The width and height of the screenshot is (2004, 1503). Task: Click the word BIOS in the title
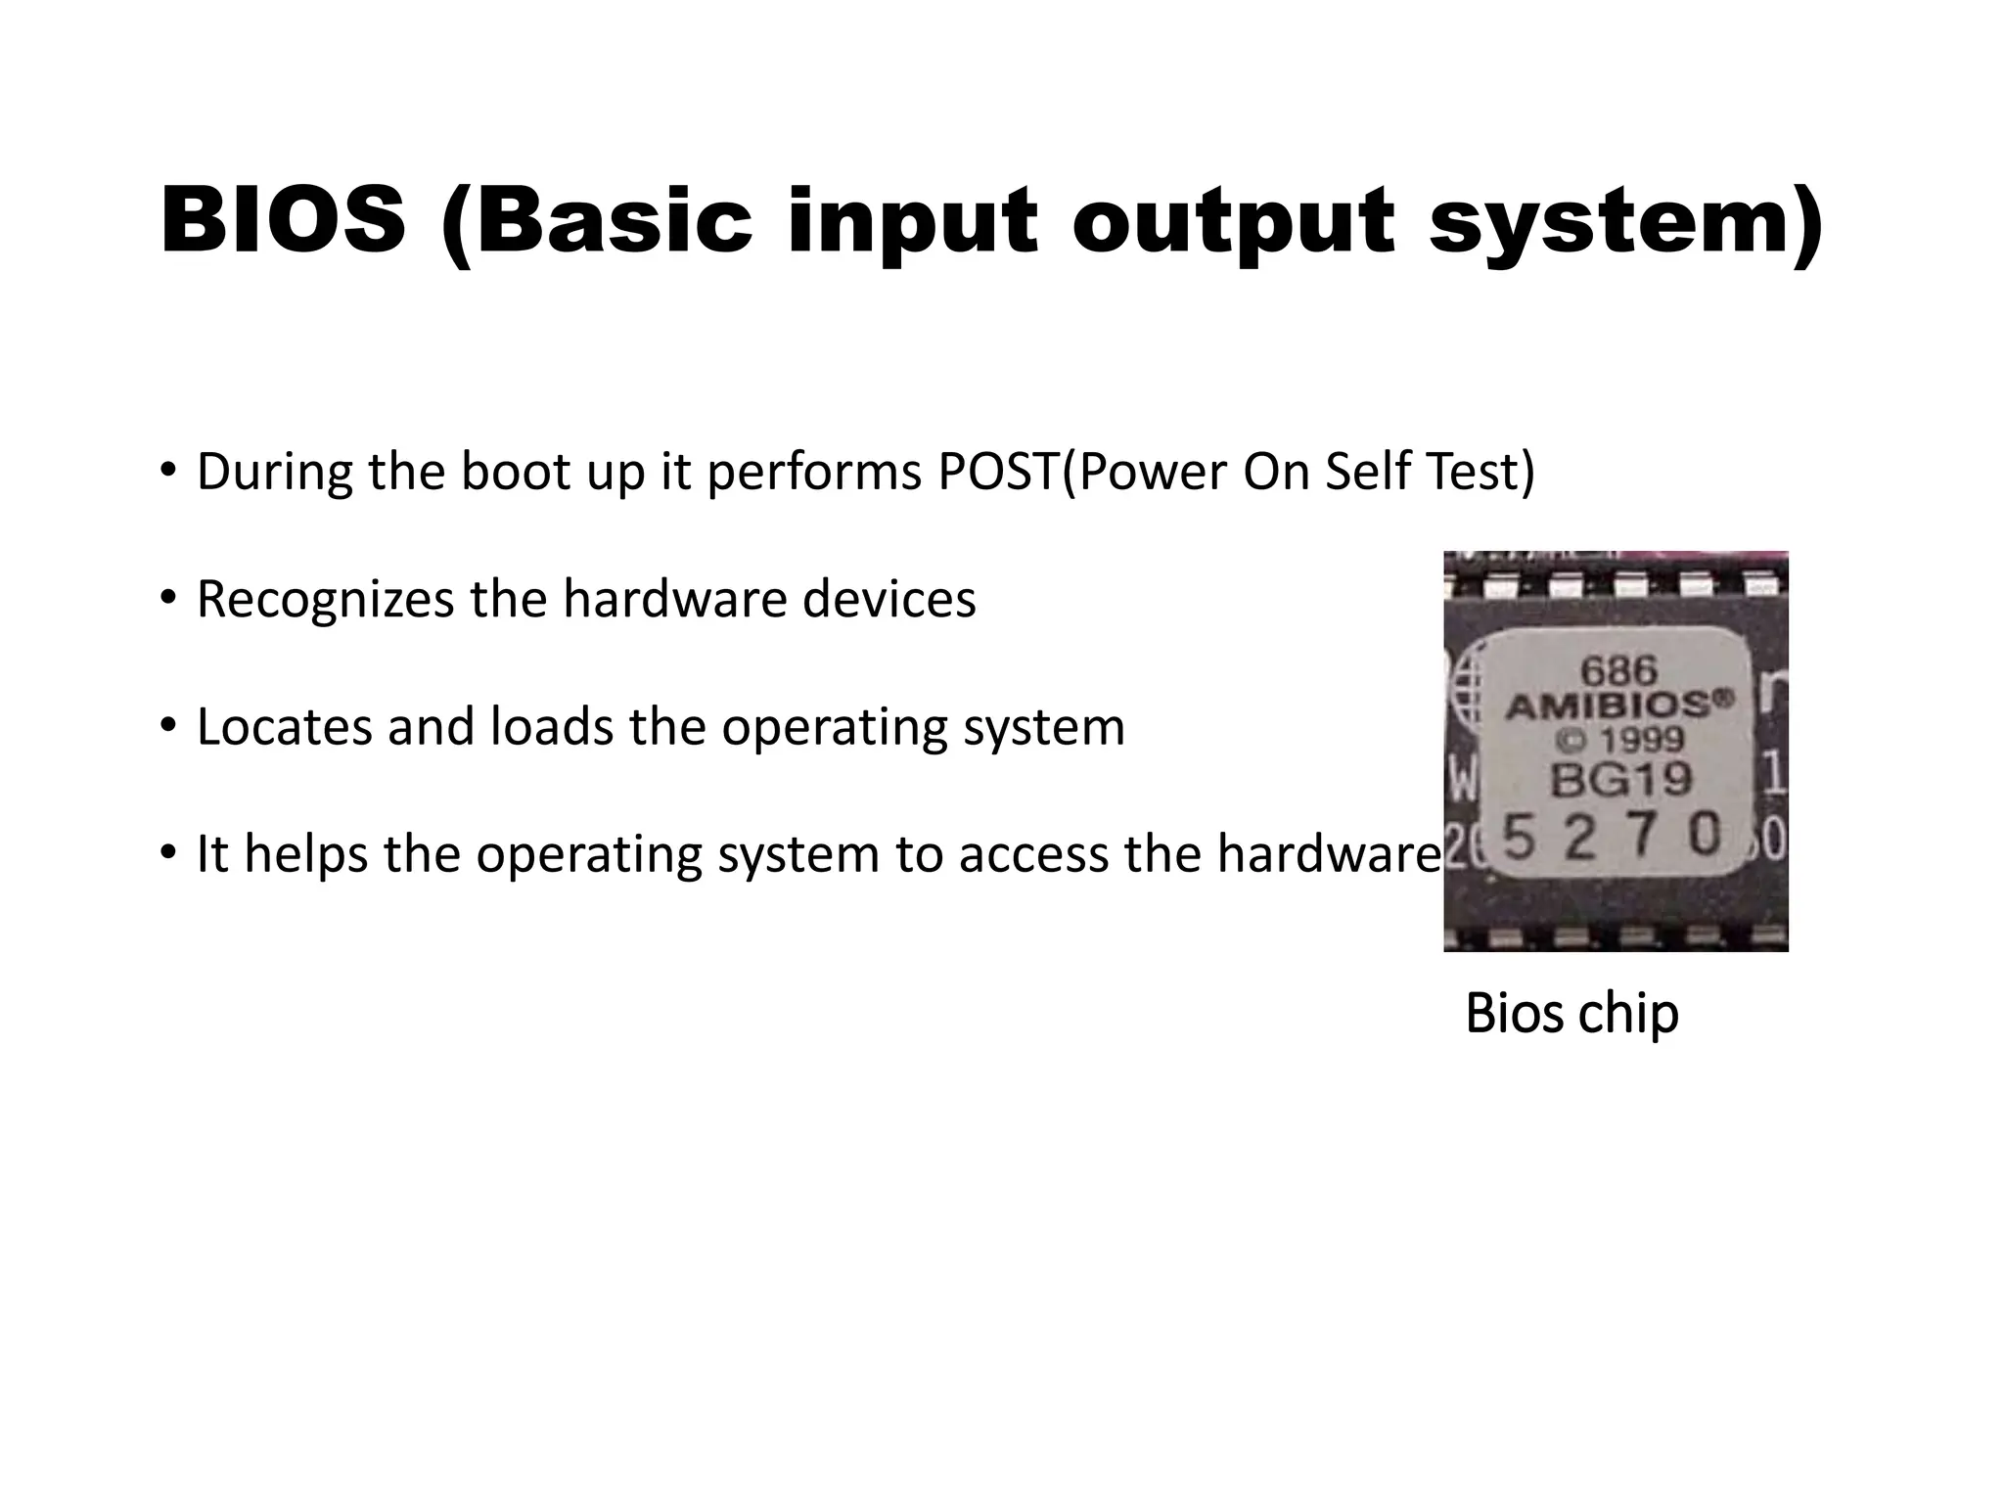click(x=283, y=221)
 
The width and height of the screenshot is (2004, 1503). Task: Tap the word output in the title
click(x=1232, y=223)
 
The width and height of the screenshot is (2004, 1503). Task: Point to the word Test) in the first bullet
click(x=1480, y=472)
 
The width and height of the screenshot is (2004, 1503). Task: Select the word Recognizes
click(x=325, y=600)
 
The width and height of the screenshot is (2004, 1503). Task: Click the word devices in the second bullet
click(x=888, y=599)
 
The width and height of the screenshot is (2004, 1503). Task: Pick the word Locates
click(x=285, y=727)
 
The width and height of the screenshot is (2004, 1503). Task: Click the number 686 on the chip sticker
click(x=1619, y=671)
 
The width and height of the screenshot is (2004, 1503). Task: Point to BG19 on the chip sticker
click(x=1620, y=780)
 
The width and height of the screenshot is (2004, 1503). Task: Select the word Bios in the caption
click(x=1515, y=1014)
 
